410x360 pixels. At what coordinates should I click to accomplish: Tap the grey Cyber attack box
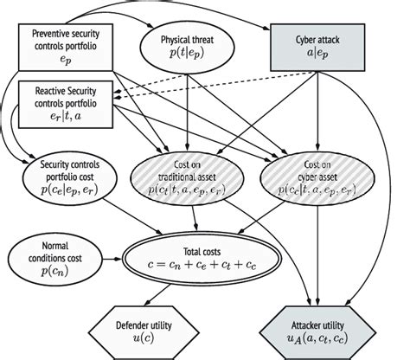click(x=320, y=47)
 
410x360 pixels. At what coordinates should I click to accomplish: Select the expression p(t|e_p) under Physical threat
click(x=189, y=56)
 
